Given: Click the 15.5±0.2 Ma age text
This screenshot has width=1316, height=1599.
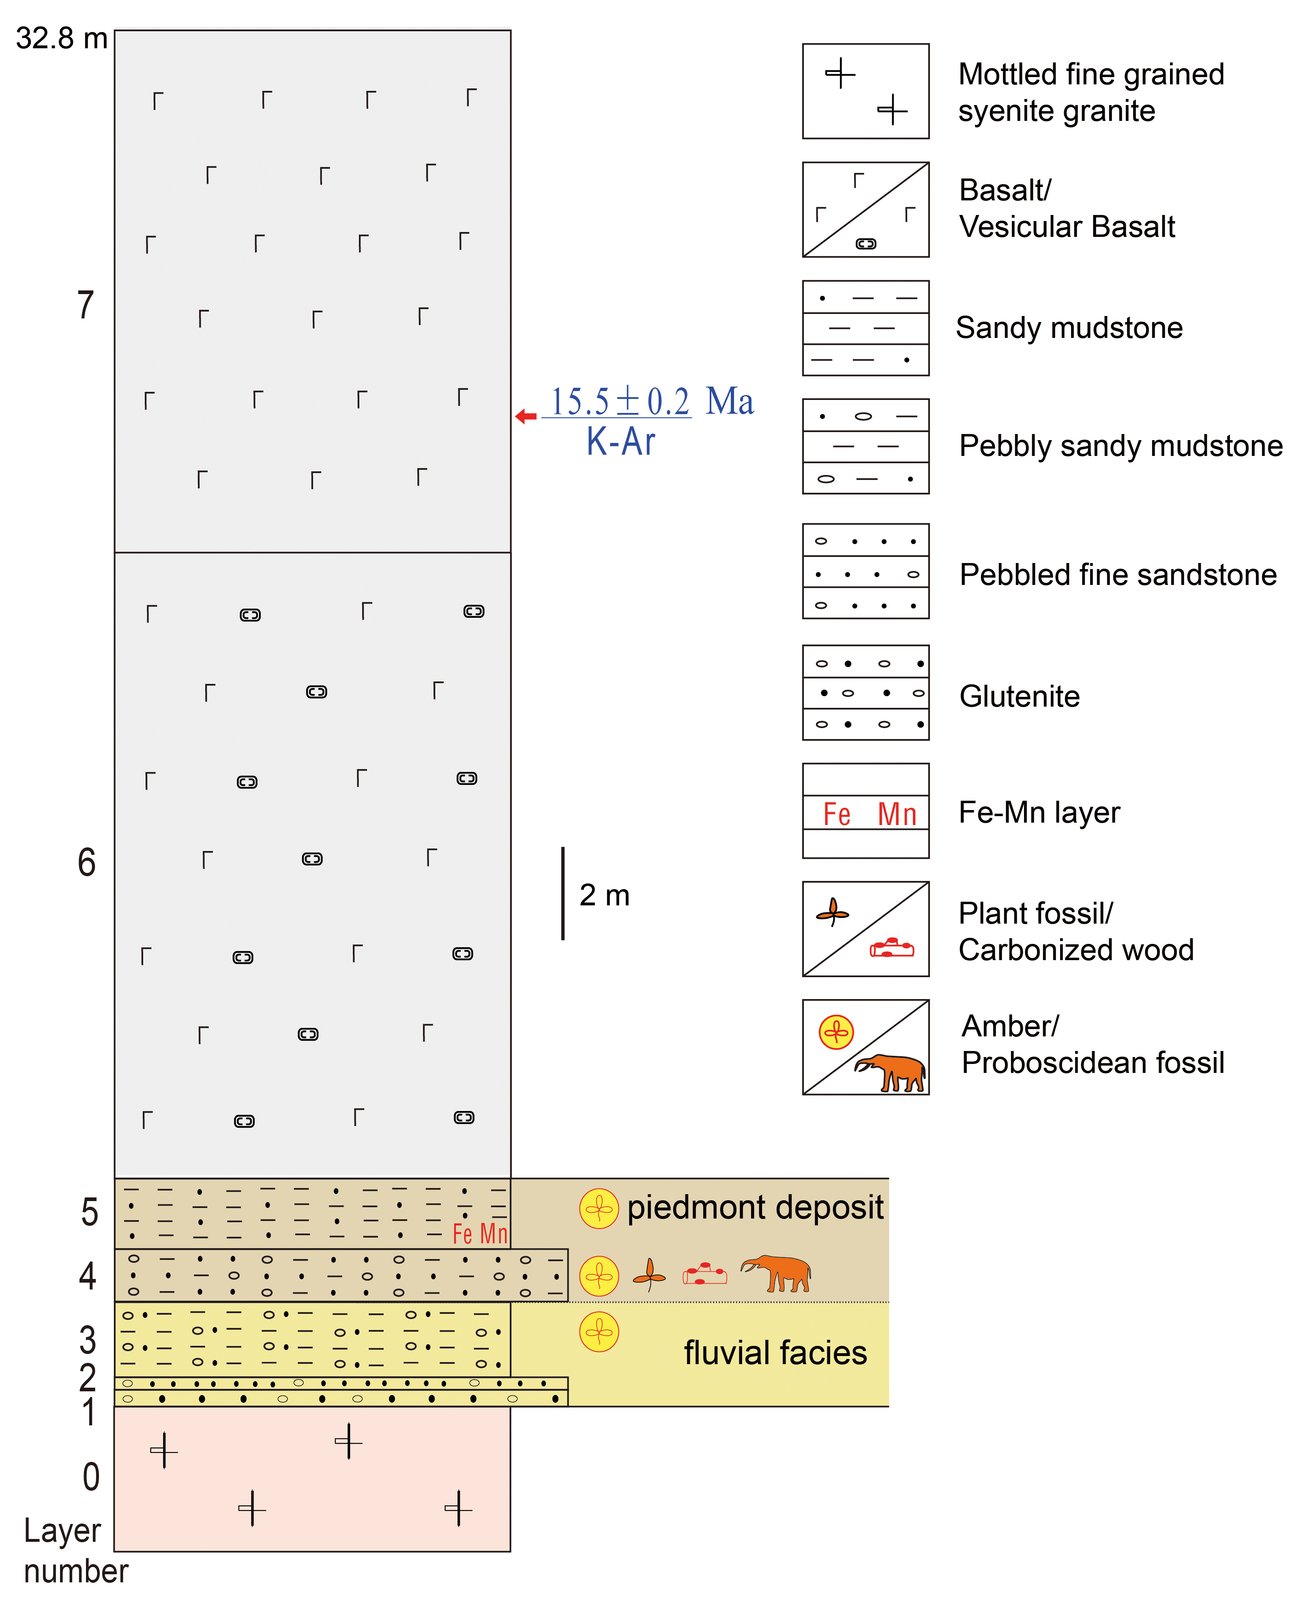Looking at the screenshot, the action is click(653, 401).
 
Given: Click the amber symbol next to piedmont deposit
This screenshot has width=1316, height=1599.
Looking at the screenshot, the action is click(599, 1208).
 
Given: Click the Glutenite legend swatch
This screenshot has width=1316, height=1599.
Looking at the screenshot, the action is click(866, 693).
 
